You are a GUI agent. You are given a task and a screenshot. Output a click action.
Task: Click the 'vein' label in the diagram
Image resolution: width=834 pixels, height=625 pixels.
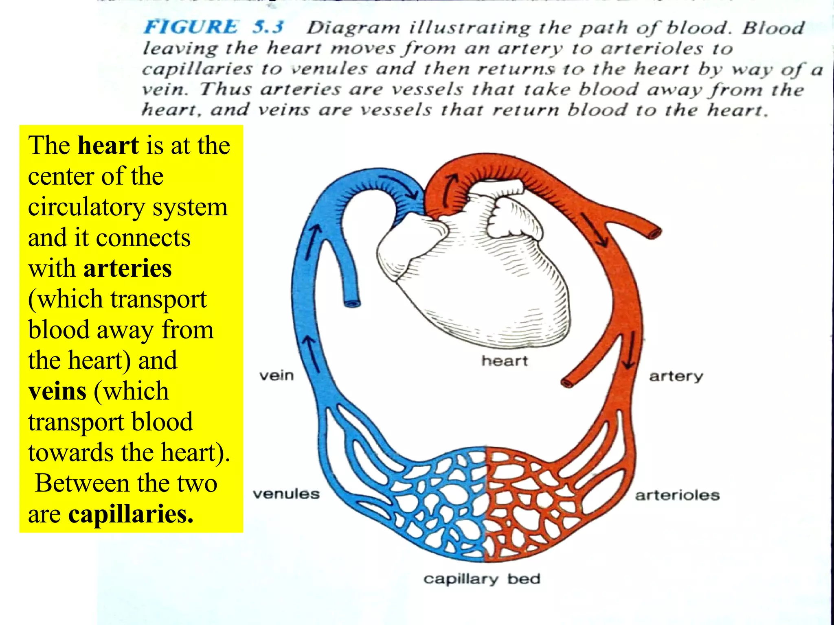point(277,375)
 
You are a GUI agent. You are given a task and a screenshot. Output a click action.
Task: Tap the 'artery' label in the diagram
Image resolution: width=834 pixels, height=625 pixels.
point(676,376)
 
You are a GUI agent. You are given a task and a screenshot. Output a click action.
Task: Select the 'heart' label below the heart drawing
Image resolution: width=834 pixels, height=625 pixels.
point(505,361)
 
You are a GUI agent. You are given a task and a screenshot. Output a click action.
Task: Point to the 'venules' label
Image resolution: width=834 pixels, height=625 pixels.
point(286,494)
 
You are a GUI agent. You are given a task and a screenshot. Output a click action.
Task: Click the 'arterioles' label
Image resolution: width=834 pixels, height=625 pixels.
point(677,495)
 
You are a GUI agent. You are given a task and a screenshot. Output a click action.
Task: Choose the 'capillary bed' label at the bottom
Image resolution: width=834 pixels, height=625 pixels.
point(482,579)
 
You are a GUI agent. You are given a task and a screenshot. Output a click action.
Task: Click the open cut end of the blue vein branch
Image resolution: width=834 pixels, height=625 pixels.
point(352,304)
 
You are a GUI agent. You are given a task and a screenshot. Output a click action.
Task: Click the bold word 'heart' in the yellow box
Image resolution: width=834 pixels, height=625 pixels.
point(108,146)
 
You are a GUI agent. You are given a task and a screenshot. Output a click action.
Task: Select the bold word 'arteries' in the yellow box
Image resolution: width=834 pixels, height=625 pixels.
point(127,269)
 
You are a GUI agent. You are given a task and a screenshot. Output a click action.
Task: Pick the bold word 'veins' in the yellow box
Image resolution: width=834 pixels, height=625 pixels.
point(57,391)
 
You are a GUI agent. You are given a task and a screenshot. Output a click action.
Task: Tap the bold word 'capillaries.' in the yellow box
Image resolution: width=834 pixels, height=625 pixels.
point(131,514)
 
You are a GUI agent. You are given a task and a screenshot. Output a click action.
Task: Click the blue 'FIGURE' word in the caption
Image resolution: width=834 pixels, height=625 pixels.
point(191,27)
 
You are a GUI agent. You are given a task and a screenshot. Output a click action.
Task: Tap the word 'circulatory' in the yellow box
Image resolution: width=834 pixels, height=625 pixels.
point(86,207)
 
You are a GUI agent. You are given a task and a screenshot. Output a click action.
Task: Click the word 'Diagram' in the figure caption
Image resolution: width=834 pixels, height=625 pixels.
point(353,28)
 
